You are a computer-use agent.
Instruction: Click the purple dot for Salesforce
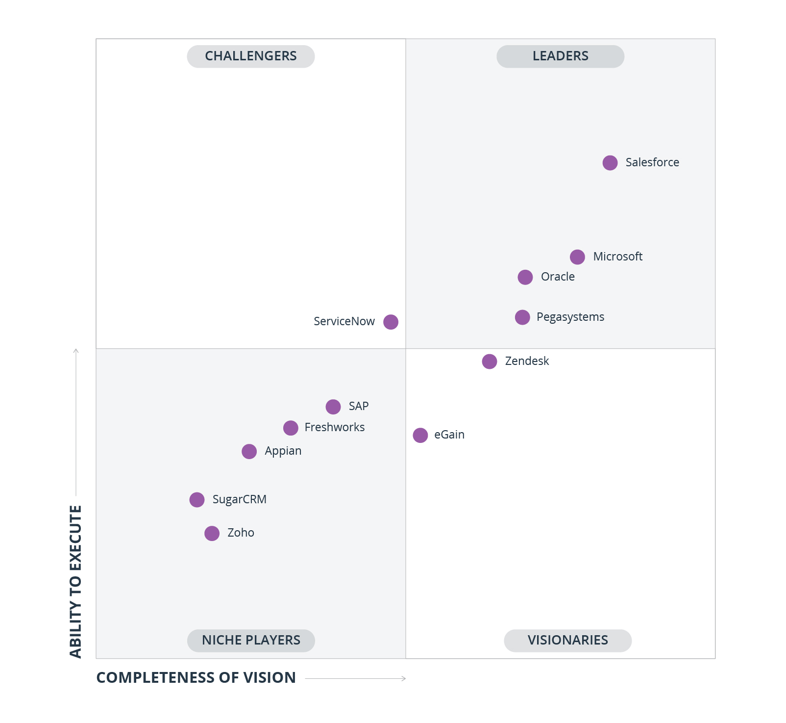pyautogui.click(x=610, y=163)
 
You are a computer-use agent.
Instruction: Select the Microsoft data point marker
pyautogui.click(x=577, y=257)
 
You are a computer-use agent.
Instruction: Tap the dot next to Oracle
pyautogui.click(x=525, y=277)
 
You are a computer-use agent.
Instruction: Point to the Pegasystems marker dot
pyautogui.click(x=522, y=317)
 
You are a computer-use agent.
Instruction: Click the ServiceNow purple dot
pyautogui.click(x=391, y=322)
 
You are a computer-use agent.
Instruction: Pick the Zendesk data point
pyautogui.click(x=489, y=361)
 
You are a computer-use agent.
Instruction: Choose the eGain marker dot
pyautogui.click(x=420, y=435)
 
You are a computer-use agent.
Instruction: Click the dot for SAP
pyautogui.click(x=333, y=407)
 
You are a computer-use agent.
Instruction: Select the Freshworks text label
pyautogui.click(x=334, y=427)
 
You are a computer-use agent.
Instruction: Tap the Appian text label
pyautogui.click(x=283, y=451)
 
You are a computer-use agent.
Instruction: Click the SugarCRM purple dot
pyautogui.click(x=196, y=500)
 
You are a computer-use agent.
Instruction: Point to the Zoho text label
pyautogui.click(x=241, y=533)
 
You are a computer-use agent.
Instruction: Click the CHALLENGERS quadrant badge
pyautogui.click(x=250, y=56)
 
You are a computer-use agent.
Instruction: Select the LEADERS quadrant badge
pyautogui.click(x=560, y=56)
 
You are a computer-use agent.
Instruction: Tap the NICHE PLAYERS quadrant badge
pyautogui.click(x=250, y=640)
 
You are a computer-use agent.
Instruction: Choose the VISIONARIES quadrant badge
pyautogui.click(x=567, y=640)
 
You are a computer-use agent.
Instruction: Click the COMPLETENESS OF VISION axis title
pyautogui.click(x=196, y=677)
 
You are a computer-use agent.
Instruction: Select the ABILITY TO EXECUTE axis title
pyautogui.click(x=75, y=581)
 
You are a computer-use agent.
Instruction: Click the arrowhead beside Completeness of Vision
pyautogui.click(x=403, y=678)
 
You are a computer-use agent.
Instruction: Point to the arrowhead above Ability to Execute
pyautogui.click(x=76, y=351)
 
